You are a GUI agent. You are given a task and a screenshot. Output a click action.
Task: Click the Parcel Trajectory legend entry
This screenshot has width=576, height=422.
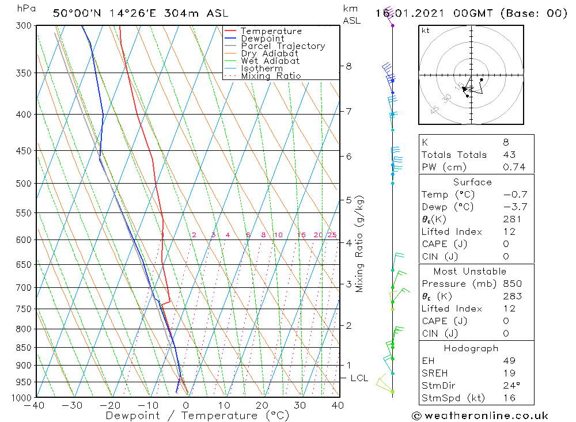(283, 46)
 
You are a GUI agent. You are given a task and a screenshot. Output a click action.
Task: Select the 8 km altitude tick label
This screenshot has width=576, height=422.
(348, 66)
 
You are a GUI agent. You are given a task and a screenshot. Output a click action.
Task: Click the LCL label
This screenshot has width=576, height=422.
(359, 378)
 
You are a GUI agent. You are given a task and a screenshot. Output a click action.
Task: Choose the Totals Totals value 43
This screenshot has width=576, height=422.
(509, 155)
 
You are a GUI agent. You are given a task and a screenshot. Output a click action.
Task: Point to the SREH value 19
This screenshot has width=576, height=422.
(509, 373)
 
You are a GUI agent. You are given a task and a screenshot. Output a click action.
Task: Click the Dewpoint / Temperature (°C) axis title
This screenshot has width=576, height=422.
(198, 416)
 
